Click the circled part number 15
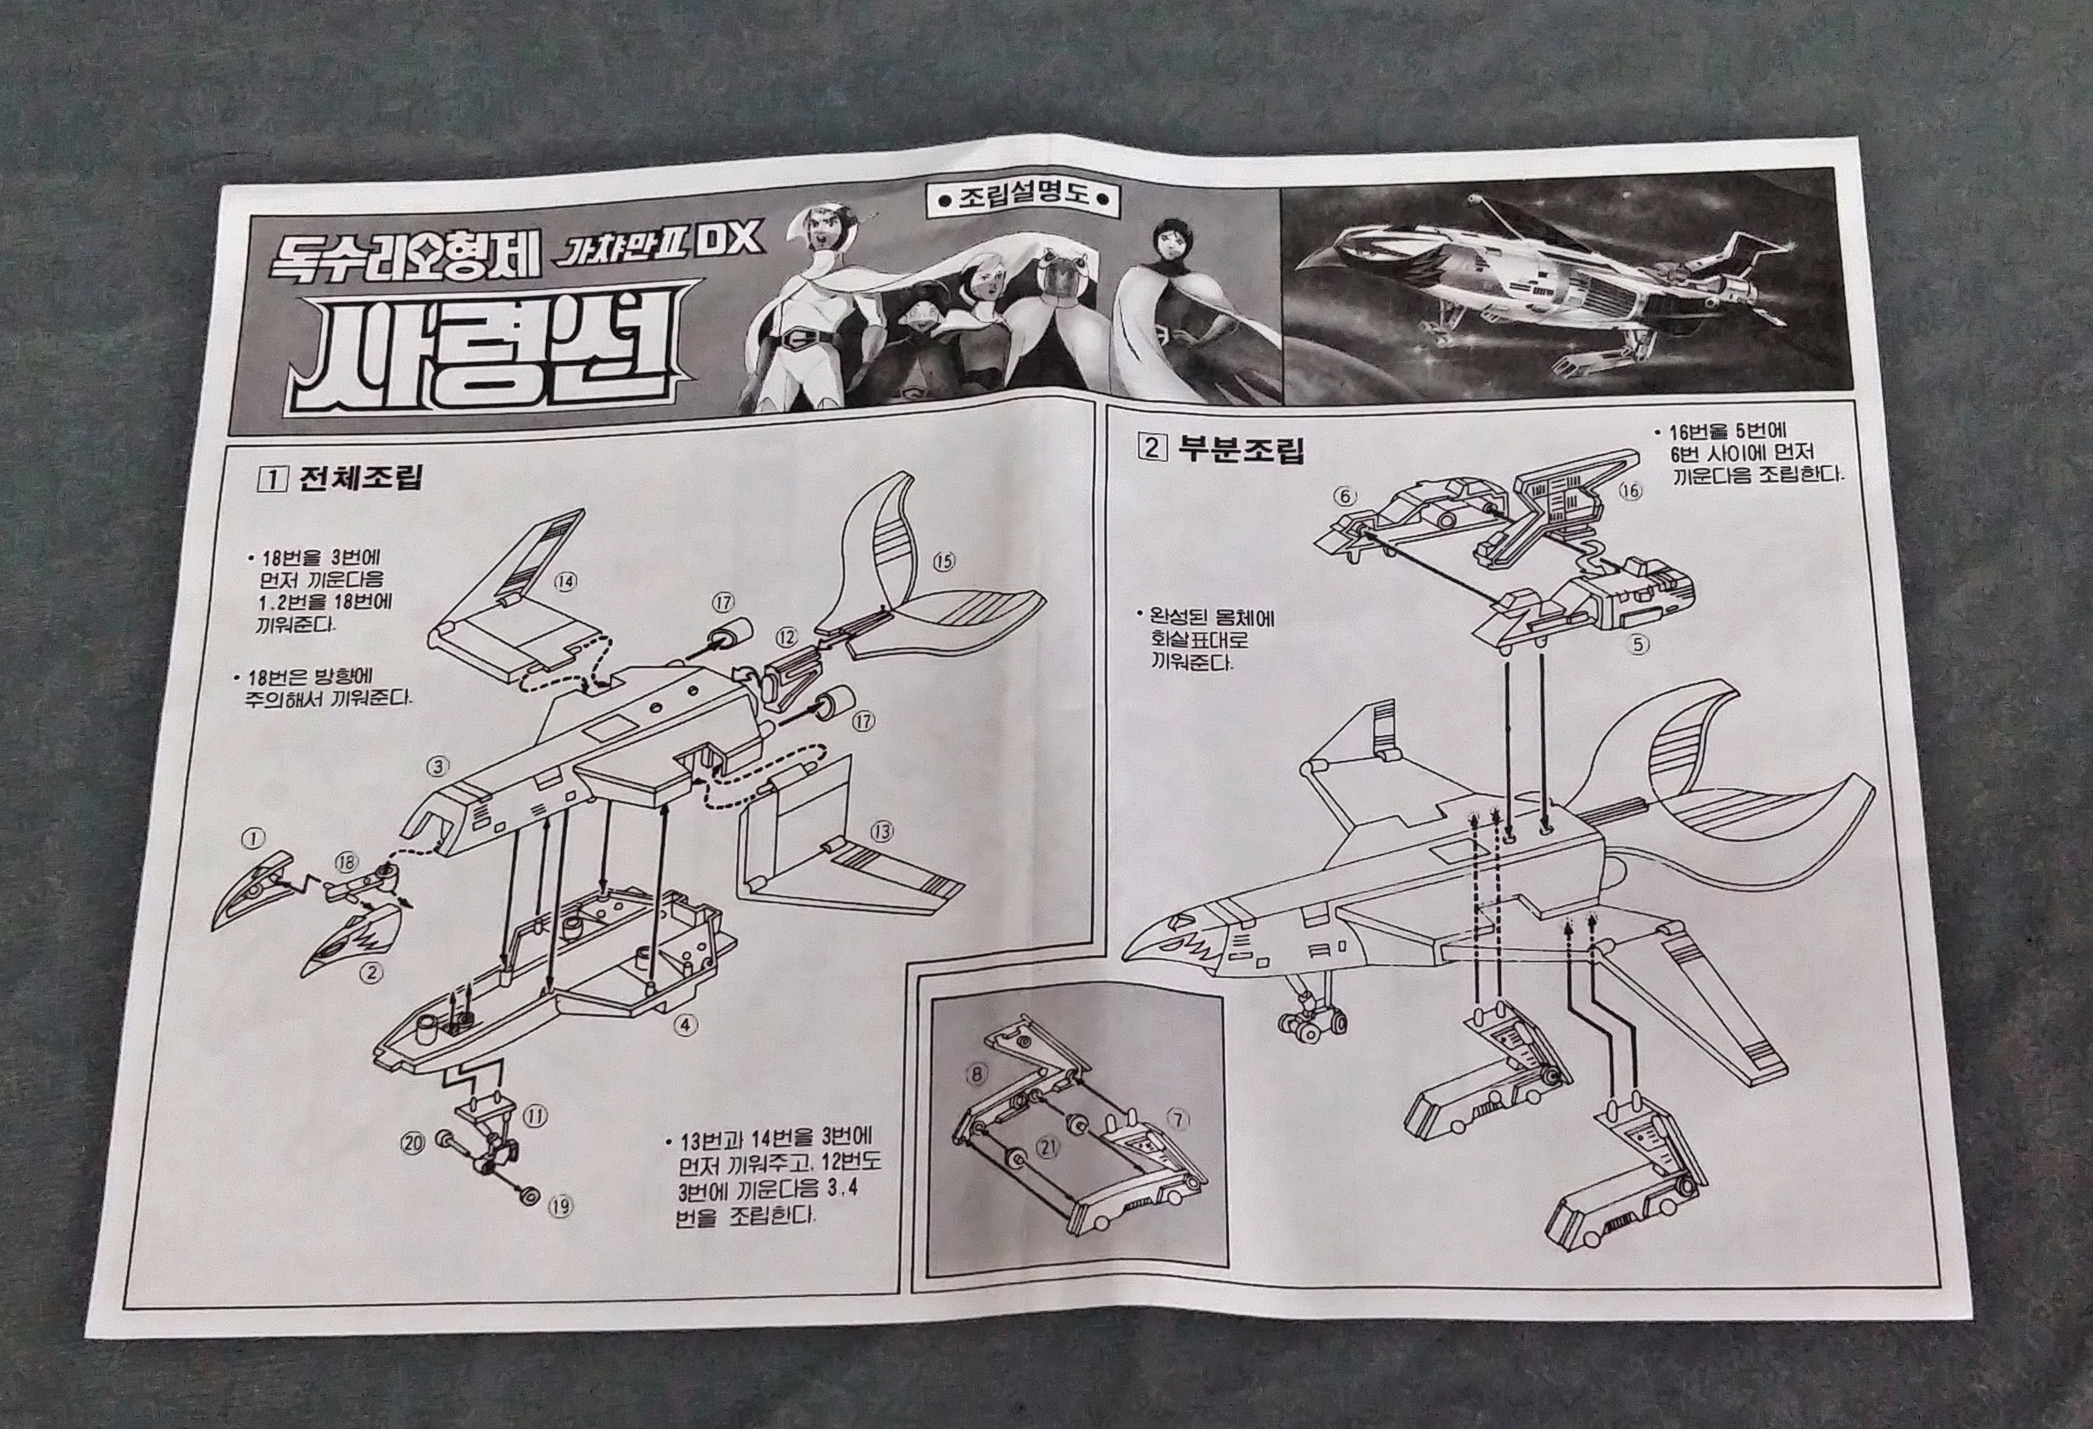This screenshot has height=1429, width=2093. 943,561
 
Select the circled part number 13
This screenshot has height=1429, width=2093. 882,831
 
